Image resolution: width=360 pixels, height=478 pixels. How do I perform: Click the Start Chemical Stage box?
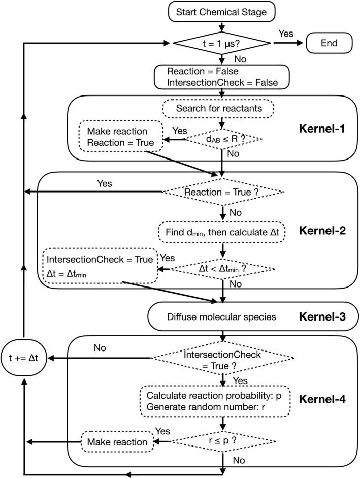point(221,12)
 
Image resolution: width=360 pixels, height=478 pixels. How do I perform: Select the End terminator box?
point(329,43)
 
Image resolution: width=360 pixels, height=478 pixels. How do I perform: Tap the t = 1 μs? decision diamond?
point(221,43)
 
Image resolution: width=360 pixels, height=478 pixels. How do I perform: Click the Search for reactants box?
point(218,108)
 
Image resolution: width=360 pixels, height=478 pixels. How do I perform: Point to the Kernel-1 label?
point(322,129)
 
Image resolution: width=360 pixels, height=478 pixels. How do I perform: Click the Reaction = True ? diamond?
point(223,192)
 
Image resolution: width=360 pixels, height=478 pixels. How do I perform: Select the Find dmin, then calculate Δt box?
point(222,232)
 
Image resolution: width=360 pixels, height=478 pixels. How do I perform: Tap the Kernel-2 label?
point(322,231)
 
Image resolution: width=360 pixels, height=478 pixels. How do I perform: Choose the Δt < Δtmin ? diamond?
point(223,269)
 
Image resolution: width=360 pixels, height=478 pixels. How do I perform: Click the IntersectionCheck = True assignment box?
point(100,266)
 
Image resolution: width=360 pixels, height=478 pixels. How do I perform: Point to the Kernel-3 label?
point(322,317)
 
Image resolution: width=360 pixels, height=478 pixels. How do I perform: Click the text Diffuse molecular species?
point(221,317)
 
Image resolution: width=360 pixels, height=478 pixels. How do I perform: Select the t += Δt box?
point(23,358)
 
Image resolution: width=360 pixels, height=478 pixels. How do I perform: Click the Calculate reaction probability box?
point(215,401)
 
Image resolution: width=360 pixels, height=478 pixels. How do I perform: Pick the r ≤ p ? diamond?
point(222,441)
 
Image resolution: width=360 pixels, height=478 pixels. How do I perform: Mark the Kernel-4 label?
point(322,399)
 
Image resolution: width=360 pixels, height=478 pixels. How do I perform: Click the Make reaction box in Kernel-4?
point(117,442)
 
